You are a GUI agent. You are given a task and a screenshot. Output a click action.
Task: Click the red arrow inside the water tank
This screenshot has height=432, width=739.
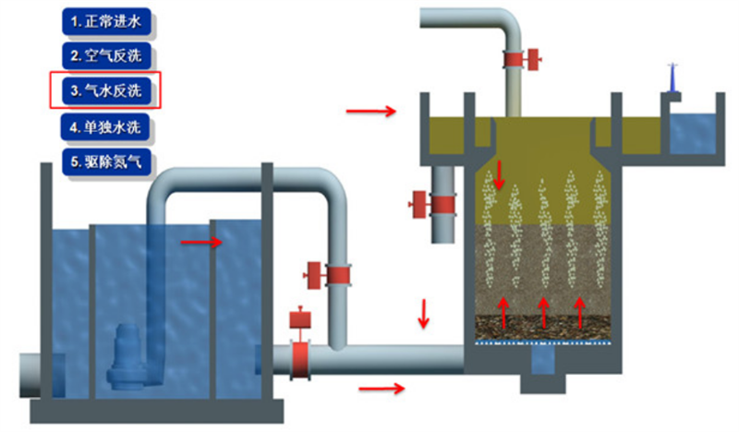click(201, 243)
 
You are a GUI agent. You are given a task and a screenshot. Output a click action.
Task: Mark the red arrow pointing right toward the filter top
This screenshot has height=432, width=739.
click(369, 112)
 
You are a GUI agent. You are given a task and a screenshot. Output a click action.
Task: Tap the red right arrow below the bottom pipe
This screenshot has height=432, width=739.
click(382, 388)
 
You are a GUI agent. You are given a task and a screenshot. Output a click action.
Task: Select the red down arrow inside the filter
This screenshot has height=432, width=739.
click(500, 174)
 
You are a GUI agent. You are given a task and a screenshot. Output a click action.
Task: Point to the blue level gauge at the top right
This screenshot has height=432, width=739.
click(674, 81)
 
